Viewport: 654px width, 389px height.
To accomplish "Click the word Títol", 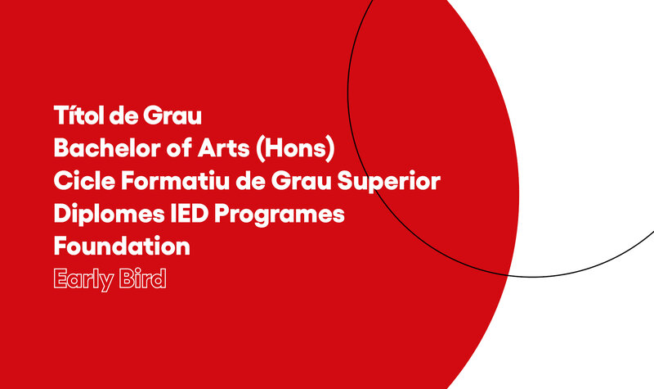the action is pyautogui.click(x=78, y=115).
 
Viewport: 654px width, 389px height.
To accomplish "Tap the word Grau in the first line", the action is pyautogui.click(x=172, y=115).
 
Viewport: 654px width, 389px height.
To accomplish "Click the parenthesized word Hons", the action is pyautogui.click(x=295, y=148).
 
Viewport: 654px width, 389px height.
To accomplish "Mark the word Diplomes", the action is pyautogui.click(x=110, y=215).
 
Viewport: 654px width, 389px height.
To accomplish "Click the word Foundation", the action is pyautogui.click(x=122, y=246).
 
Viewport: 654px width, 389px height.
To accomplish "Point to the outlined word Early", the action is pyautogui.click(x=84, y=279).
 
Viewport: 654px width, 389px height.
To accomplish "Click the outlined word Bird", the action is pyautogui.click(x=142, y=278).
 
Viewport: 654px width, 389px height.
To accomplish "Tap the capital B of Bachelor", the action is pyautogui.click(x=60, y=148).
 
